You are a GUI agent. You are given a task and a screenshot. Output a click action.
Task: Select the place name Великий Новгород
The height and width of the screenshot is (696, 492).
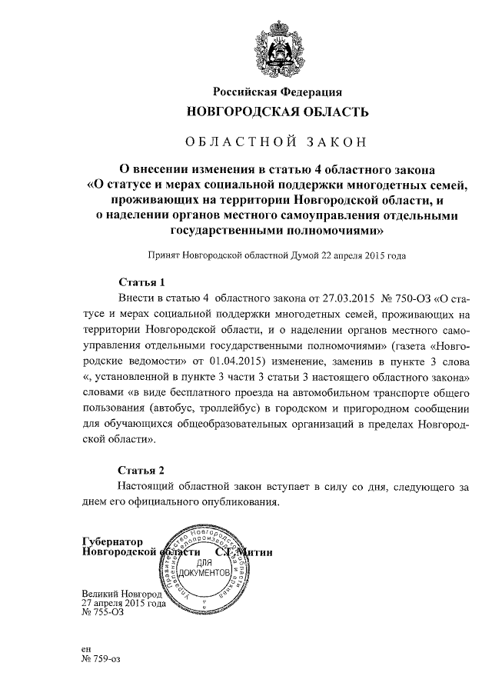pyautogui.click(x=121, y=594)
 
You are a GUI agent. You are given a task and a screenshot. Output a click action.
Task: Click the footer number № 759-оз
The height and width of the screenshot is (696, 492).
pyautogui.click(x=100, y=659)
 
